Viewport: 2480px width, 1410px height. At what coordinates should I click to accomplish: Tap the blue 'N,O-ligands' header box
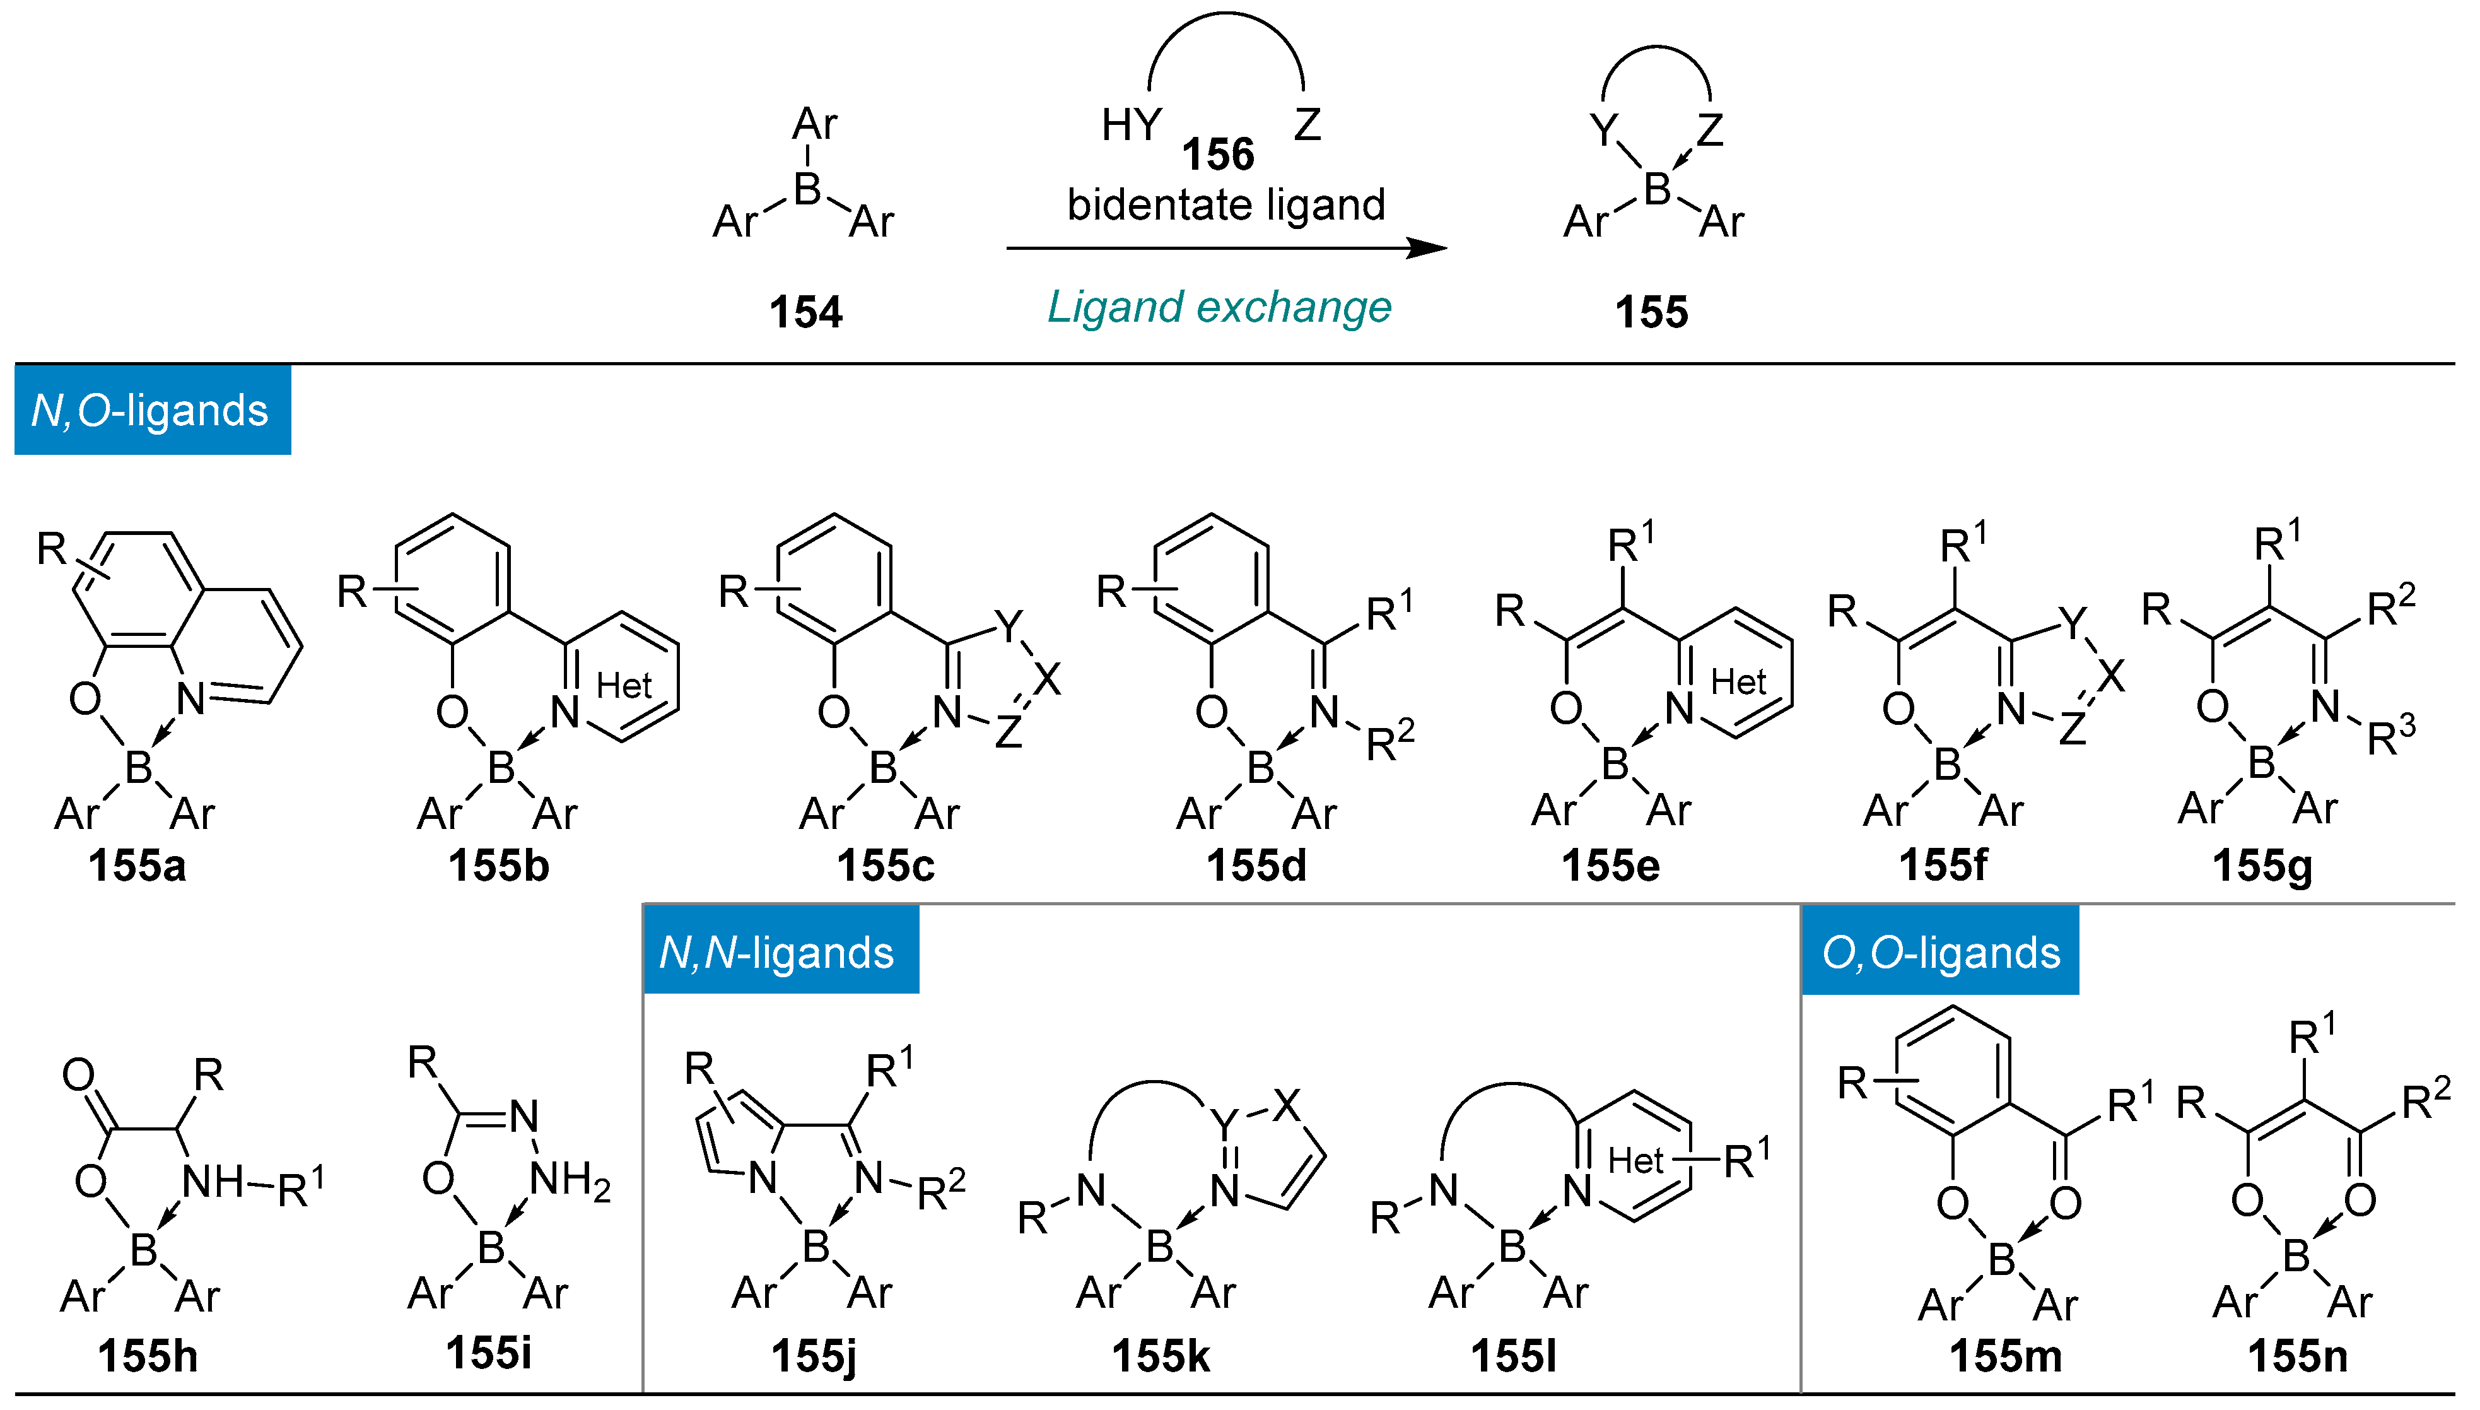pyautogui.click(x=152, y=409)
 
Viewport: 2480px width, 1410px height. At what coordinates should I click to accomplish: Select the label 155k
pyautogui.click(x=1160, y=1356)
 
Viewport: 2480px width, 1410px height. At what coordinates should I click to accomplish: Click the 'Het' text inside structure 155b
pyautogui.click(x=624, y=686)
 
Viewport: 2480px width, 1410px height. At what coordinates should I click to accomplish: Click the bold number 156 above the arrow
pyautogui.click(x=1218, y=154)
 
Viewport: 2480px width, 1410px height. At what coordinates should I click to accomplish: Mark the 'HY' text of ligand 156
pyautogui.click(x=1131, y=125)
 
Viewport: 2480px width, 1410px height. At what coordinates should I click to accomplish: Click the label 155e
pyautogui.click(x=1609, y=865)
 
